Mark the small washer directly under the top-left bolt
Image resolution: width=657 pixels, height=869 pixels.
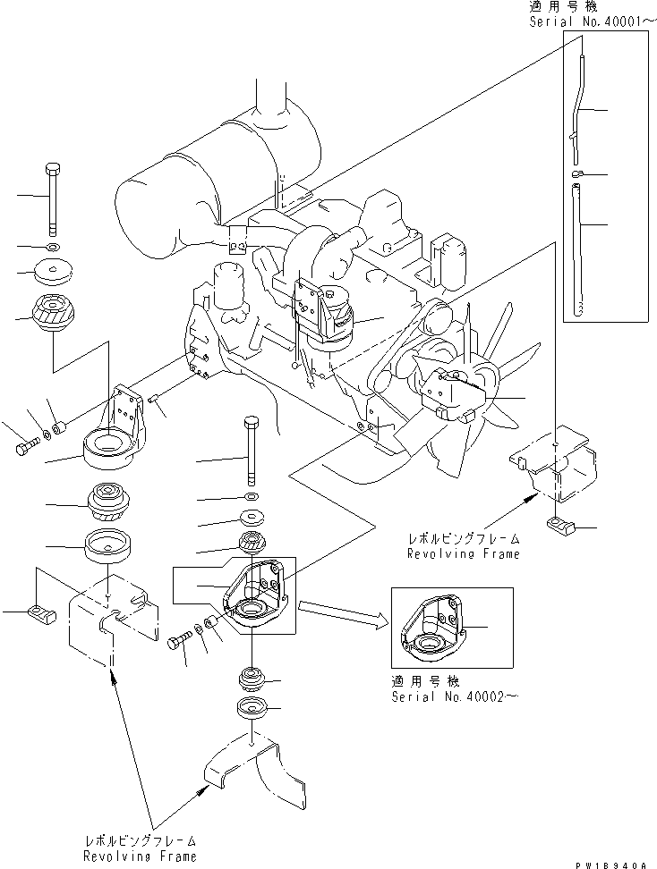[x=53, y=245]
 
